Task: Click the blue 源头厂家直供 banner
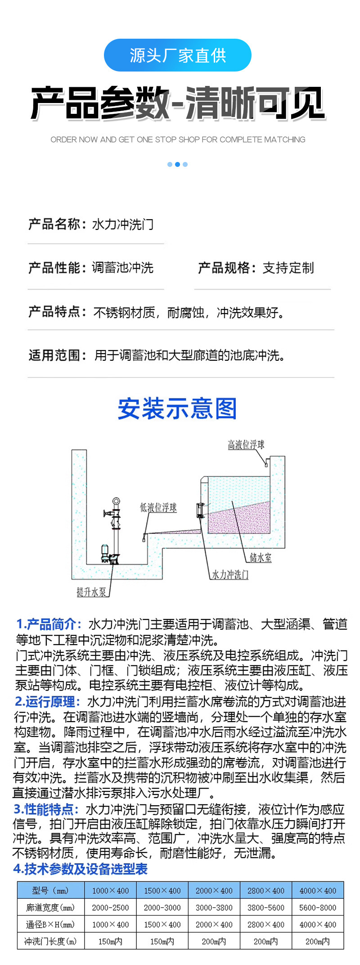177,55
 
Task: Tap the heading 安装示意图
177,408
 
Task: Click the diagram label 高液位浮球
246,445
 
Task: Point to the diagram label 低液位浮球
158,507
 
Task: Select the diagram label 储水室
261,557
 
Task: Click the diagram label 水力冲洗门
230,575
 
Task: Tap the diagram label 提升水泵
91,592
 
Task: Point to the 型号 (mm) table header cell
51,890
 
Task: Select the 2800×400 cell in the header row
266,890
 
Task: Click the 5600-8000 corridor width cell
318,907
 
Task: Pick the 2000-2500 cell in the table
110,907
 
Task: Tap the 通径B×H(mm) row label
51,925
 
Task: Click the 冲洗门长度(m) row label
51,941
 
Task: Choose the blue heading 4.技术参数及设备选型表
81,869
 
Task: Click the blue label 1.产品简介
49,624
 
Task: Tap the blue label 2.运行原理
47,701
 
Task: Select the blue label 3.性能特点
46,809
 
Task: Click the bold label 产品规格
224,268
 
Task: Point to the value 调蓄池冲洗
123,268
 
